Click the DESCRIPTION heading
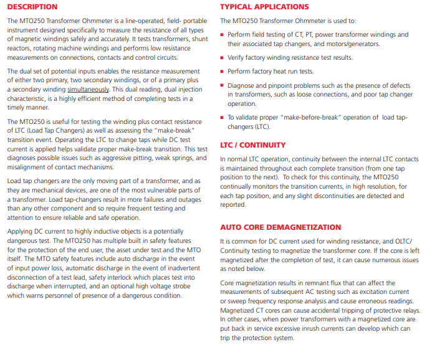click(32, 7)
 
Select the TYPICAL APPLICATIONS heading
click(264, 7)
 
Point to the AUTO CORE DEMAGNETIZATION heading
click(281, 227)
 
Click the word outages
click(191, 199)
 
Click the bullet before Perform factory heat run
click(223, 72)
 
